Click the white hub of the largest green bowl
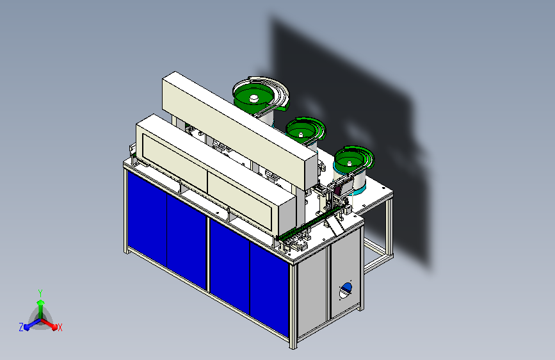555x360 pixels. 253,99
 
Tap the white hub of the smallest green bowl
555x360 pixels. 301,135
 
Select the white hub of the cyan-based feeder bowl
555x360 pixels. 349,163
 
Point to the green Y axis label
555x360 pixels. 40,293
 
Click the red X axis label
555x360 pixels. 60,327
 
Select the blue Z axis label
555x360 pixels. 21,327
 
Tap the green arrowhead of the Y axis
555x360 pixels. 41,303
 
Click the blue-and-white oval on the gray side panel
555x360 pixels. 346,290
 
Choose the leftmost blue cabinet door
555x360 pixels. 147,220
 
